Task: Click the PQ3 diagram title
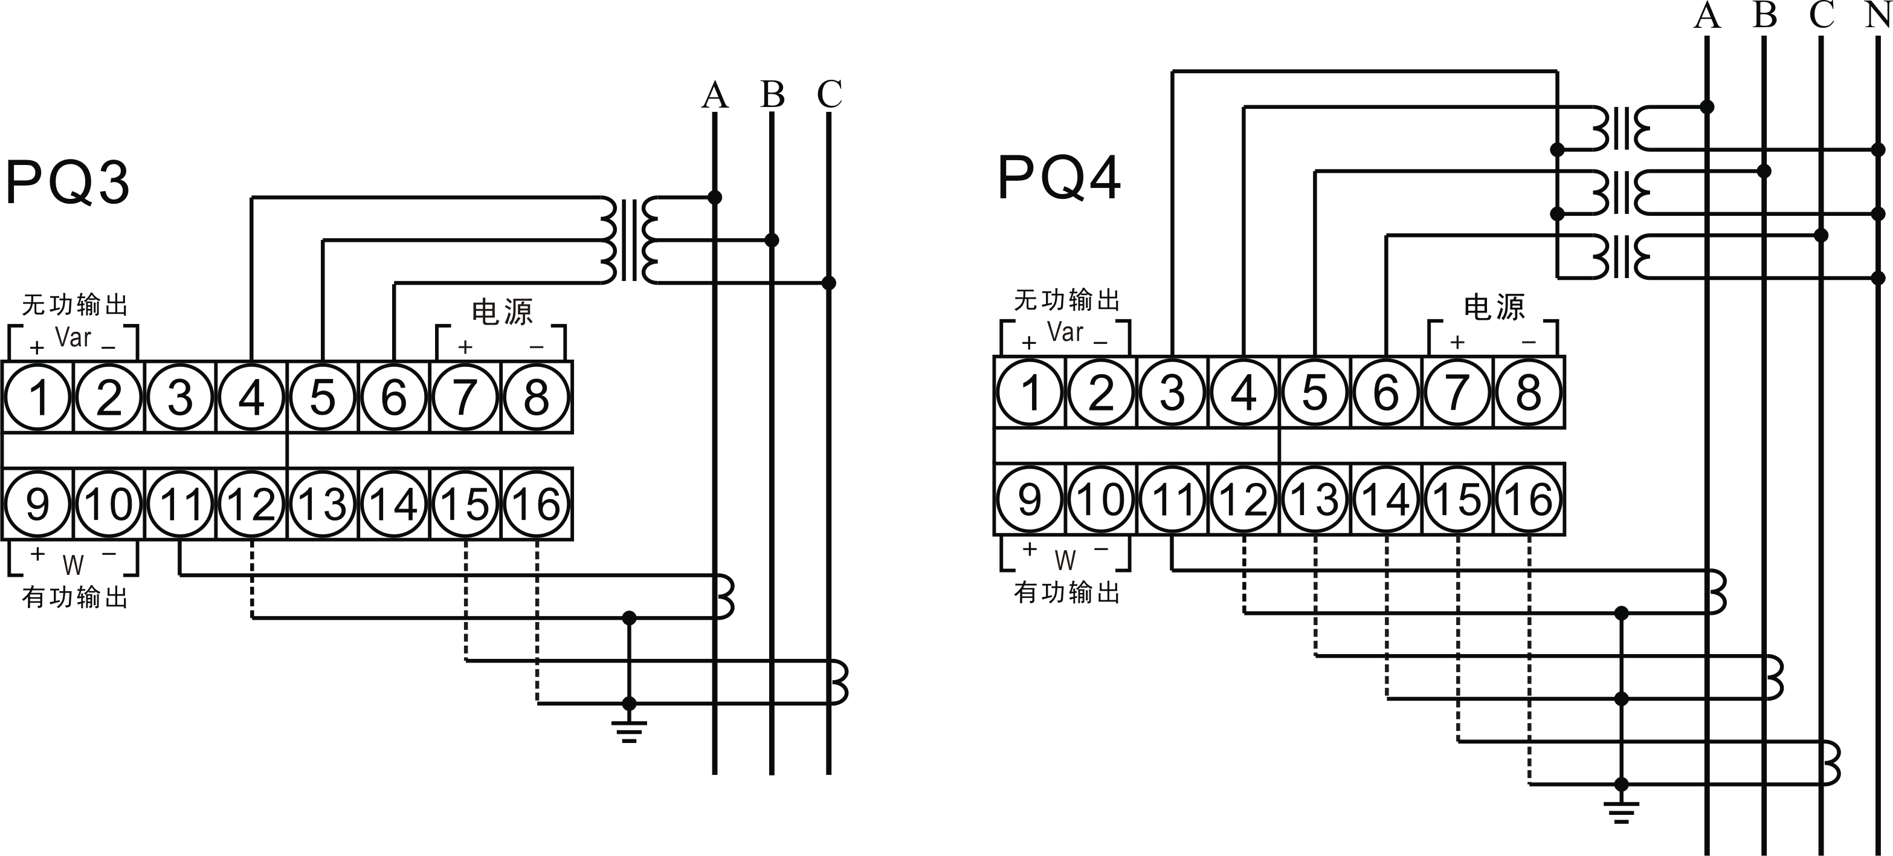68,183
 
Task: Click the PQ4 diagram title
1059,178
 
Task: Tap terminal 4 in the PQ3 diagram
251,397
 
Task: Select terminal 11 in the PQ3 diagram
181,504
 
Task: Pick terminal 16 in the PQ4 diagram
1529,499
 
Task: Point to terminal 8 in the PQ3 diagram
537,397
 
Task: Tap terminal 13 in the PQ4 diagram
1315,499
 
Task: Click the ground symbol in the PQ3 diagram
629,730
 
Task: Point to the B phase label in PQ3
772,94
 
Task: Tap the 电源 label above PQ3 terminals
502,312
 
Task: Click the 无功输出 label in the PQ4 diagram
1067,300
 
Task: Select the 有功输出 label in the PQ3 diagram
75,597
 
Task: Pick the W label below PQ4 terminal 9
1065,561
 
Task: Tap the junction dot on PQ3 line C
828,283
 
